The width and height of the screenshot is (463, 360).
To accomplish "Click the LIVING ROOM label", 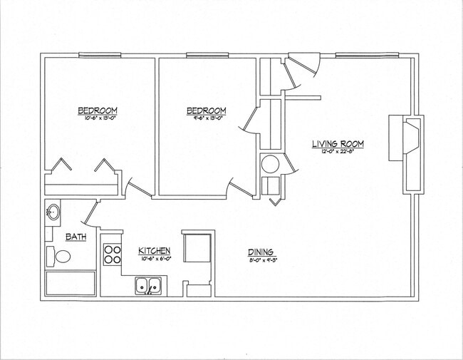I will (x=338, y=144).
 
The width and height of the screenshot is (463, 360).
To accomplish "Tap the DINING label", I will (x=261, y=251).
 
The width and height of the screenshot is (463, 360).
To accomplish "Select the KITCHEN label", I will (x=155, y=250).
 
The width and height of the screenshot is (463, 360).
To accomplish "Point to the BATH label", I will (x=76, y=237).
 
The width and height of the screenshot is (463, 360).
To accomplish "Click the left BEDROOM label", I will (x=97, y=110).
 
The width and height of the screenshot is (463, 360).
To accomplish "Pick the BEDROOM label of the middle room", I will (x=207, y=110).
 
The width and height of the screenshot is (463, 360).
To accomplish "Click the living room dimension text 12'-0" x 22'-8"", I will (x=338, y=152).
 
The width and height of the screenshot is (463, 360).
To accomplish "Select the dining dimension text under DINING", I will (x=261, y=259).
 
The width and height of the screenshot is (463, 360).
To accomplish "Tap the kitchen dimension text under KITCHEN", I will (x=155, y=258).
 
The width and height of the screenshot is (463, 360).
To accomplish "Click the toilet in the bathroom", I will (x=61, y=256).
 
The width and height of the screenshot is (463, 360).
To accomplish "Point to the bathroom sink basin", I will (x=53, y=212).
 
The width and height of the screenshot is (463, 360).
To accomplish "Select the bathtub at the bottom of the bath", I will (x=71, y=283).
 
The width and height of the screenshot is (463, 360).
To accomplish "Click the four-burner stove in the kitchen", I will (x=113, y=254).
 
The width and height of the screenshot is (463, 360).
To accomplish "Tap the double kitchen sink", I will (x=148, y=287).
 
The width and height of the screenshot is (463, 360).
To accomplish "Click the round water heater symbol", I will (x=269, y=164).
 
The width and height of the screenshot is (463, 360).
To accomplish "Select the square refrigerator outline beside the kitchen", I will (x=197, y=247).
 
